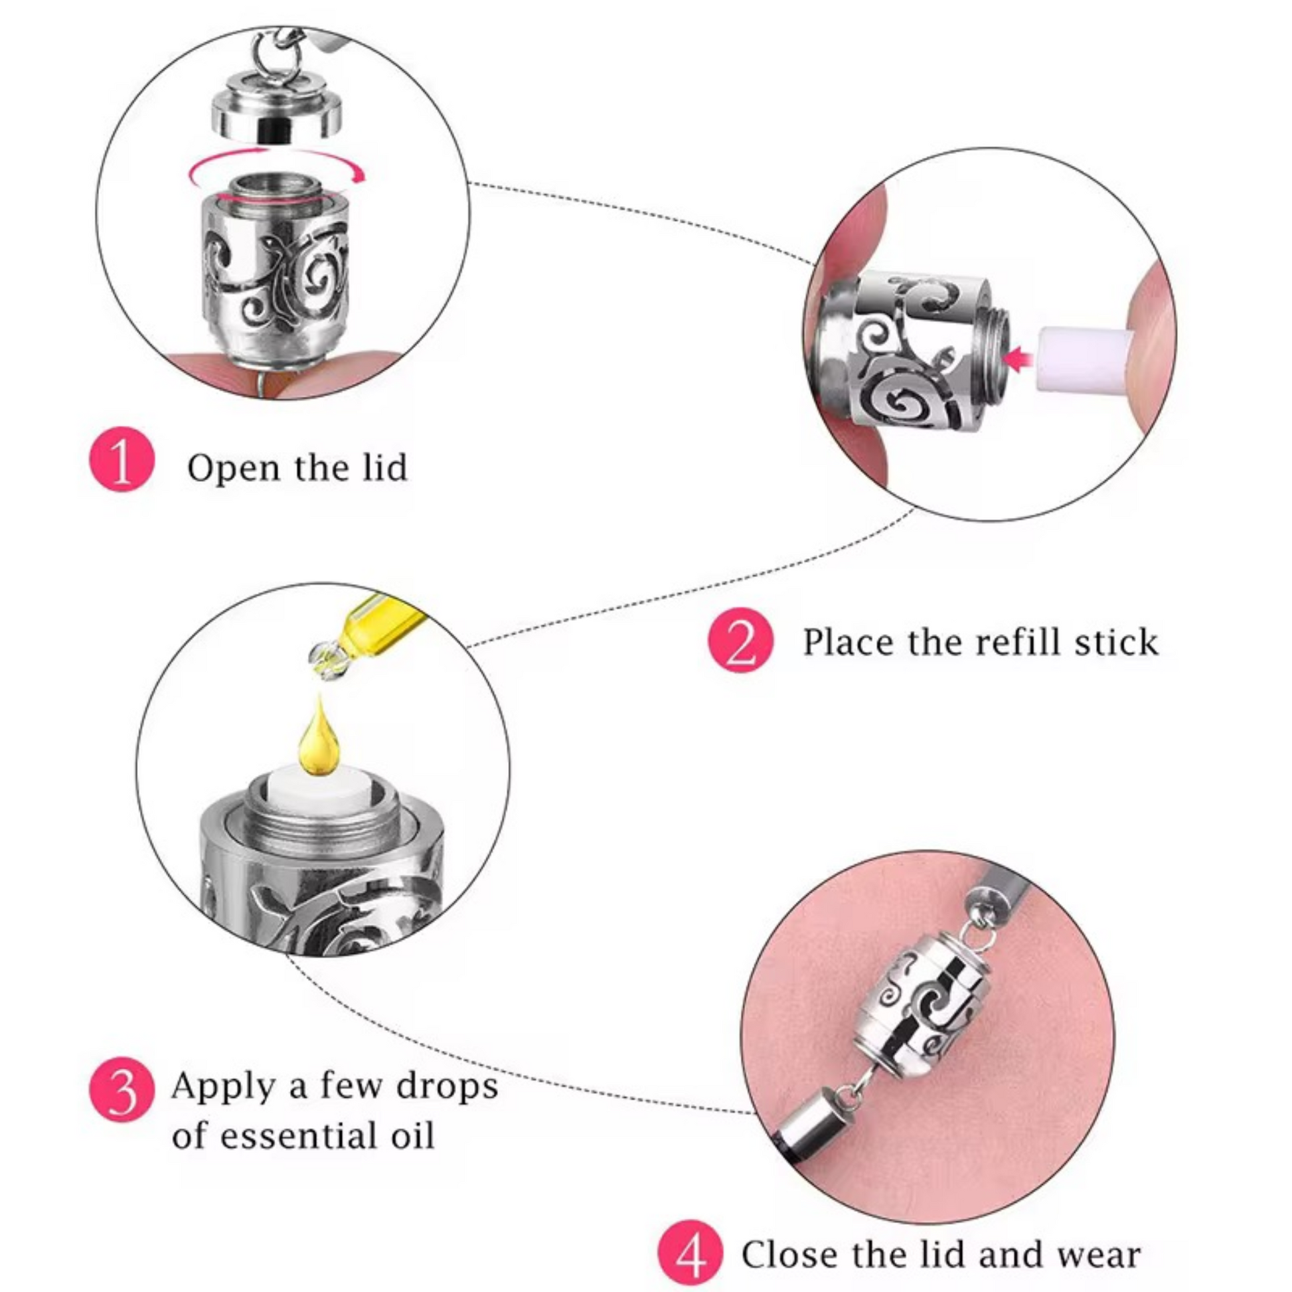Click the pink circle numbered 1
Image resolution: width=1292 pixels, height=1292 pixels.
(121, 460)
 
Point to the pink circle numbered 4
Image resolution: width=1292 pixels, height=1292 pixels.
(690, 1254)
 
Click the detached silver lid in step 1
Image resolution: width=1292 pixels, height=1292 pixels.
(277, 114)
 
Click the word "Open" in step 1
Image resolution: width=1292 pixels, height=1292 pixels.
(234, 468)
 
